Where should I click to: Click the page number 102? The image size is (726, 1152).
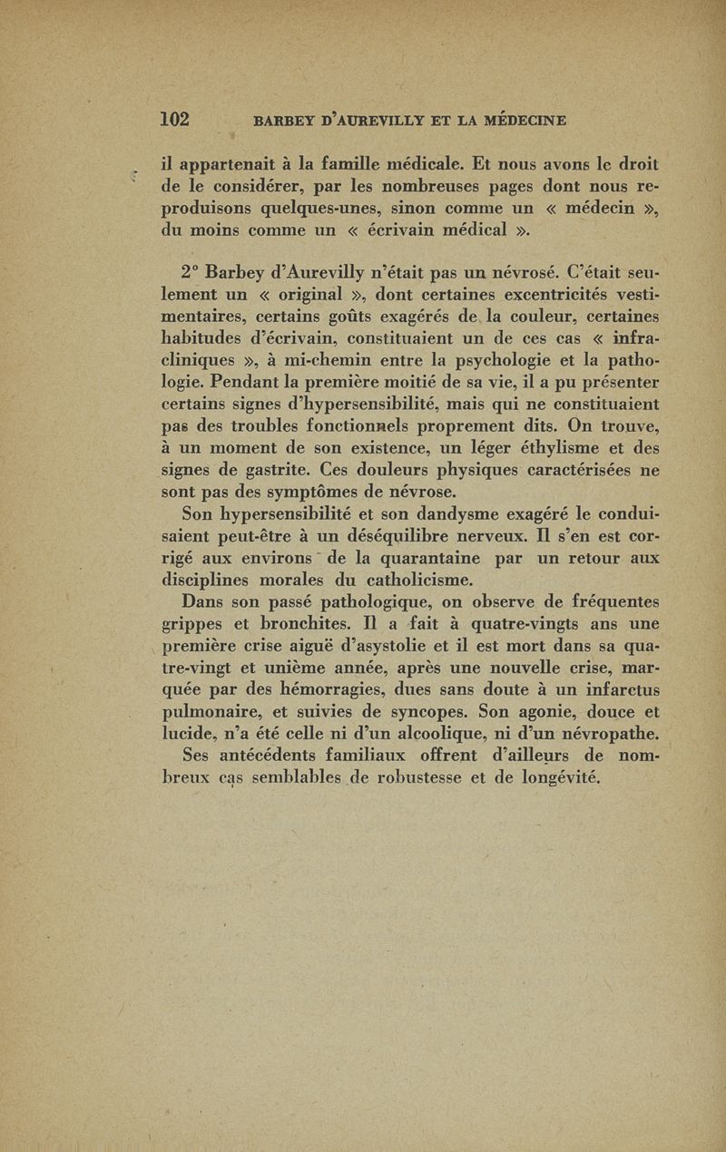point(174,118)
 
